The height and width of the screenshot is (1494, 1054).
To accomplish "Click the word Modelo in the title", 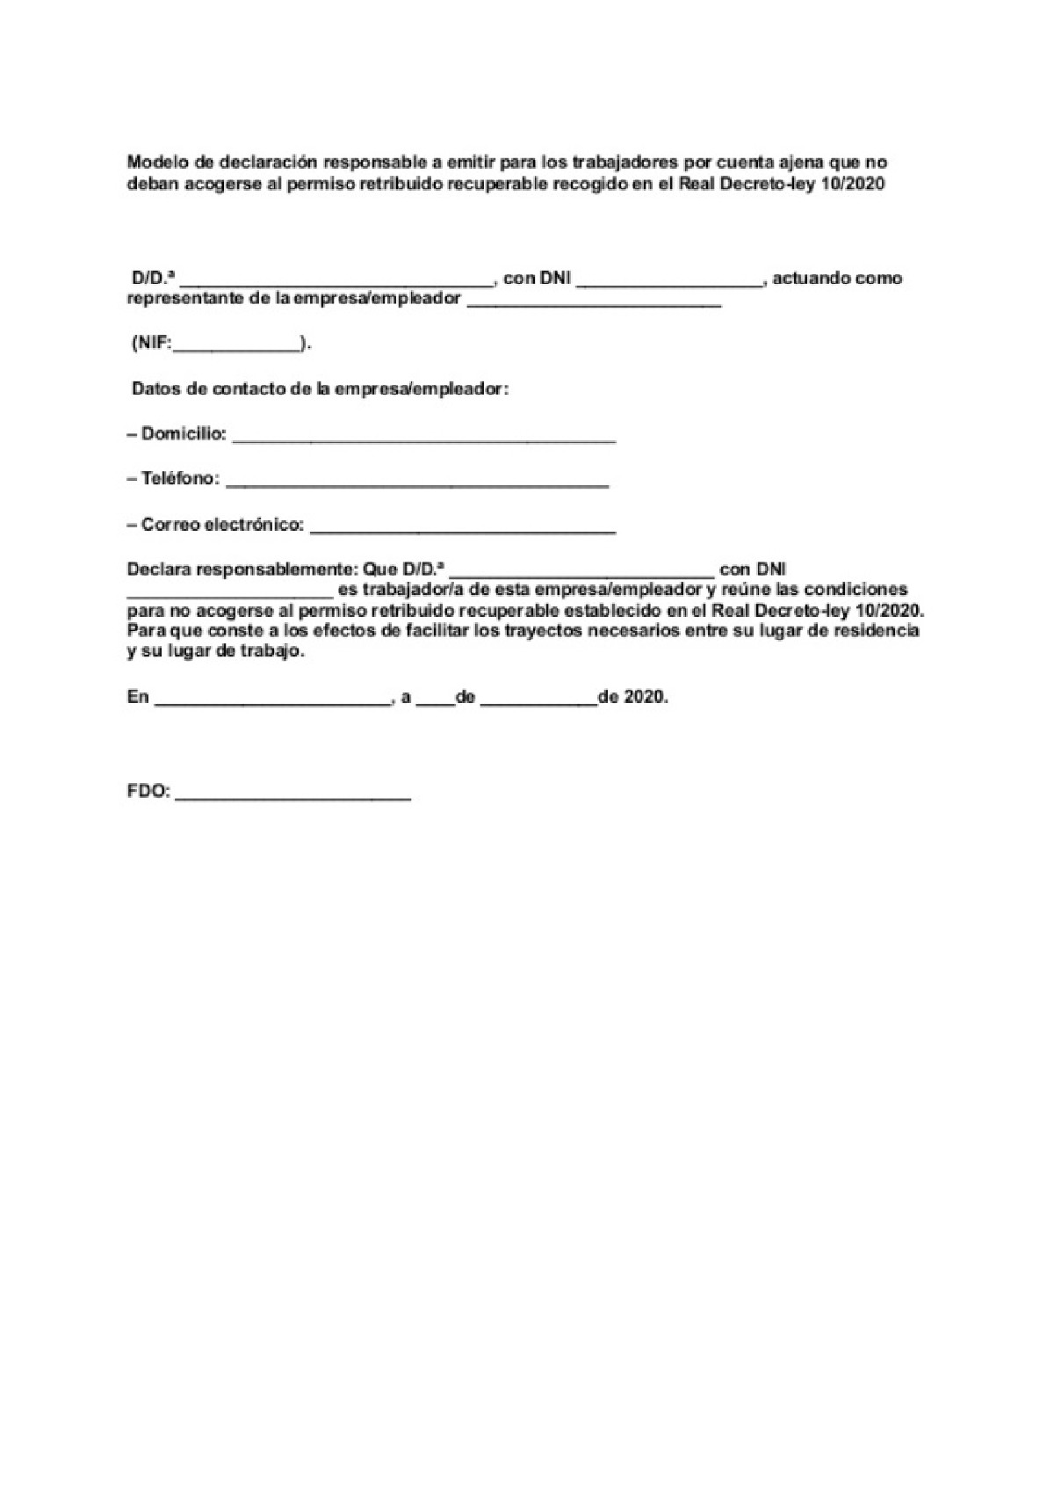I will coord(153,163).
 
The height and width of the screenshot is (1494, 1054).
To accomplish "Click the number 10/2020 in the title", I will coord(855,184).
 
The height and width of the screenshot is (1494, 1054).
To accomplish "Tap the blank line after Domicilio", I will coord(424,437).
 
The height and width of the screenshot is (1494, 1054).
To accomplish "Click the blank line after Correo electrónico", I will coord(463,528).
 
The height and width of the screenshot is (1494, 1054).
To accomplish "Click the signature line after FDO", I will coord(293,794).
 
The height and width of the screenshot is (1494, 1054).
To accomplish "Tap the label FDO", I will coord(148,791).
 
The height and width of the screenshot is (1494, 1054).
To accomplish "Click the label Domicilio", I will coord(184,433).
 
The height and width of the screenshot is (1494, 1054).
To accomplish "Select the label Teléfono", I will coord(180,479).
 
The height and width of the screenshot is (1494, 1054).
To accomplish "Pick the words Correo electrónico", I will coord(222,525).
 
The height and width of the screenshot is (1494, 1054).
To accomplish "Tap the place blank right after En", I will coord(271,700).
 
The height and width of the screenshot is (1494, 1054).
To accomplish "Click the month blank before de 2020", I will coord(538,700).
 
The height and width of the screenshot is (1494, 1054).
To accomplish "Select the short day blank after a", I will coord(435,700).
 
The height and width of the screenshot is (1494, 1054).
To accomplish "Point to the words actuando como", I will coord(837,279).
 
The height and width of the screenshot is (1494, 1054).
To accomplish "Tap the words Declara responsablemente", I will coord(236,569).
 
